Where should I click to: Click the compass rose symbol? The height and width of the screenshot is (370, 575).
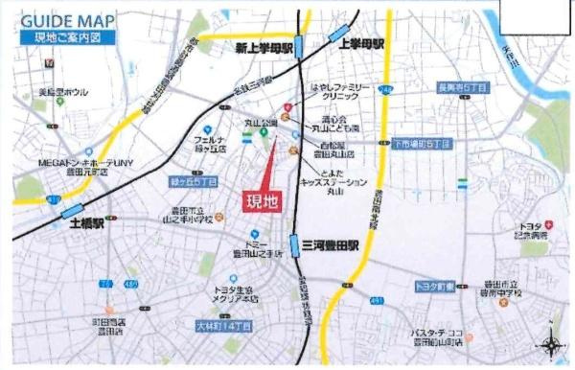553,345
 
